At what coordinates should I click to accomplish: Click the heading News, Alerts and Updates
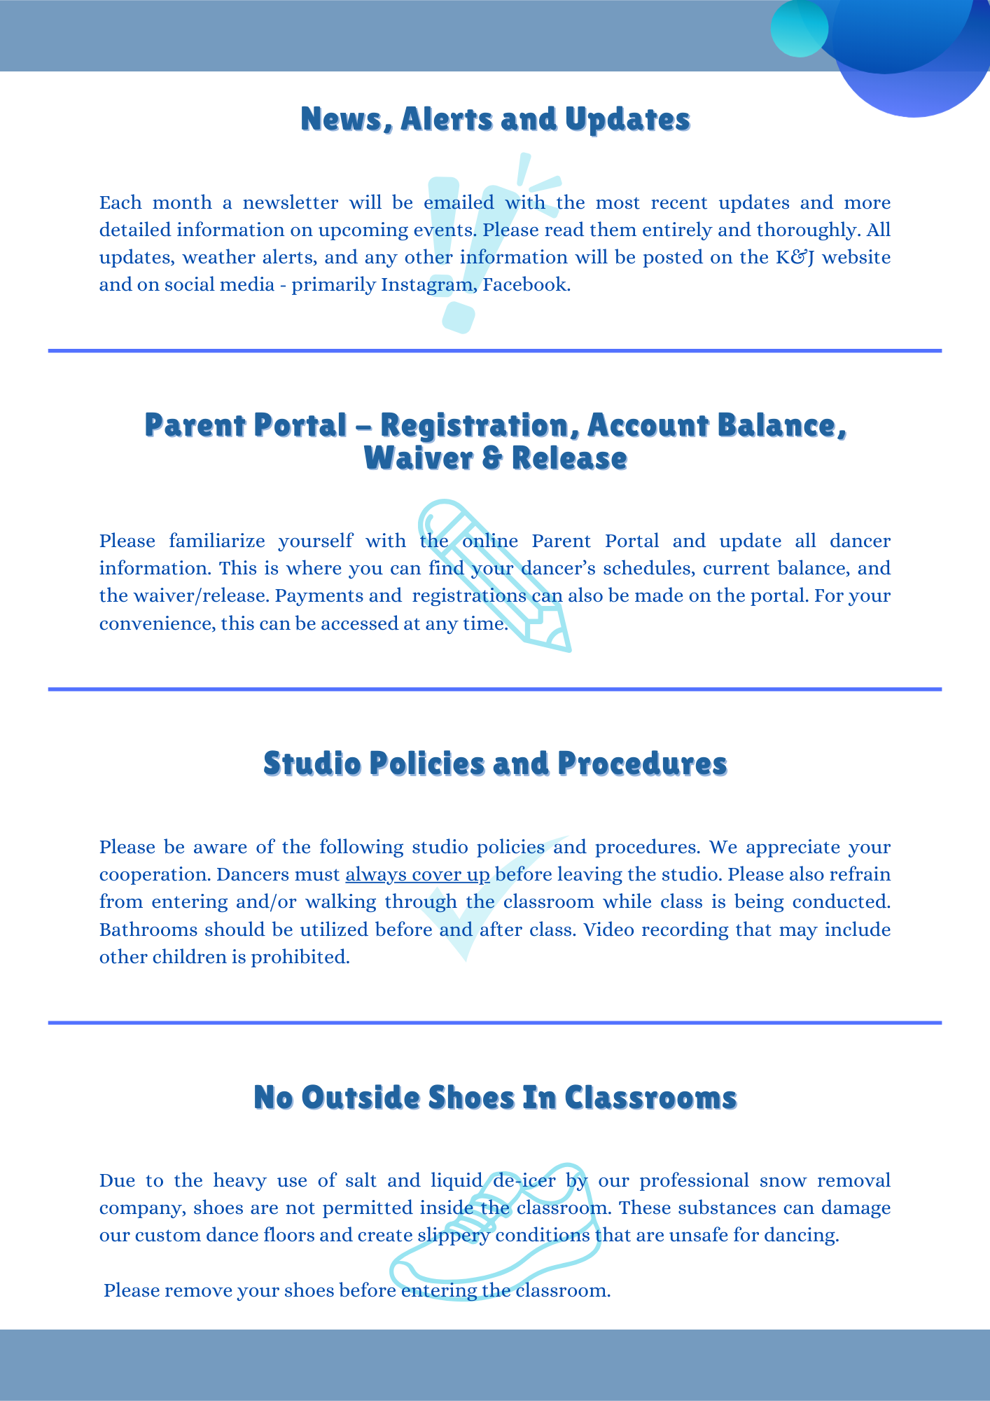click(495, 119)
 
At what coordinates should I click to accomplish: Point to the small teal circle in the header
click(799, 29)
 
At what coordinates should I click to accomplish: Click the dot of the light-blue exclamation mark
click(459, 317)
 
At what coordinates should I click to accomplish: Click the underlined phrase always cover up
click(417, 875)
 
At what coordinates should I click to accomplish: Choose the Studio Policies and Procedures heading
click(495, 764)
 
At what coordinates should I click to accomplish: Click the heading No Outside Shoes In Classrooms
click(495, 1098)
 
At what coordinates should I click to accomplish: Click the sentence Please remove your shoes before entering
click(357, 1290)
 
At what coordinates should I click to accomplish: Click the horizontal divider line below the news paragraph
click(495, 350)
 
